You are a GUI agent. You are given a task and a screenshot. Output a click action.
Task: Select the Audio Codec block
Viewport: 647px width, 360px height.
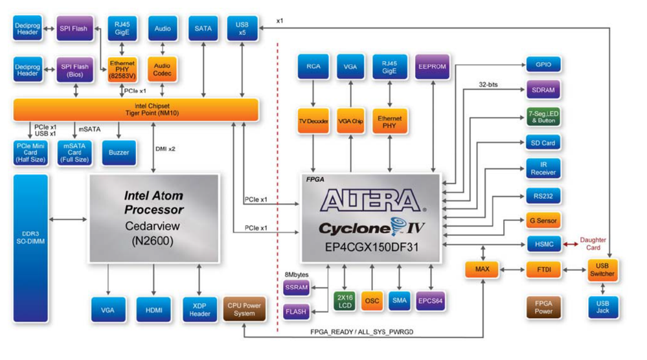point(162,67)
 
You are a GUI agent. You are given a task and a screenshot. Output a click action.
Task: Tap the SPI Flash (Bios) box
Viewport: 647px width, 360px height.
point(74,70)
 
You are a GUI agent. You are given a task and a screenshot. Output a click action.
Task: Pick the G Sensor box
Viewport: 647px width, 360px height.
point(543,221)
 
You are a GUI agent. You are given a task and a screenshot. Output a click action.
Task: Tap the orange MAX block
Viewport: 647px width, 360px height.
point(481,269)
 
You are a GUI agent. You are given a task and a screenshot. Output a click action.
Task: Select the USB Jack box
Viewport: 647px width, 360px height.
point(603,307)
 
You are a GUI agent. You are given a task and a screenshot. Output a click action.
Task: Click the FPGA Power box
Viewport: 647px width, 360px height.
point(543,307)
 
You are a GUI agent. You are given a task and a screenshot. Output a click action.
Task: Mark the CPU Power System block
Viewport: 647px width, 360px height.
point(244,309)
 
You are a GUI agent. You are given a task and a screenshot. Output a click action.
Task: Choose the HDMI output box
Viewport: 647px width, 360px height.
point(153,310)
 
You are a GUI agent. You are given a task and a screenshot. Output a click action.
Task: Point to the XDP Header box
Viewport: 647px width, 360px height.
point(199,310)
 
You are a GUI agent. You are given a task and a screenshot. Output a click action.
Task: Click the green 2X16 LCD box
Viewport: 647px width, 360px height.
point(344,300)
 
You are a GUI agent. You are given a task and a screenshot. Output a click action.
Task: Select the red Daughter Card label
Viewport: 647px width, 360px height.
point(593,243)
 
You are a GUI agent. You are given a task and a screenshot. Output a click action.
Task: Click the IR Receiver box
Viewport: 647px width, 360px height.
point(543,168)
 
